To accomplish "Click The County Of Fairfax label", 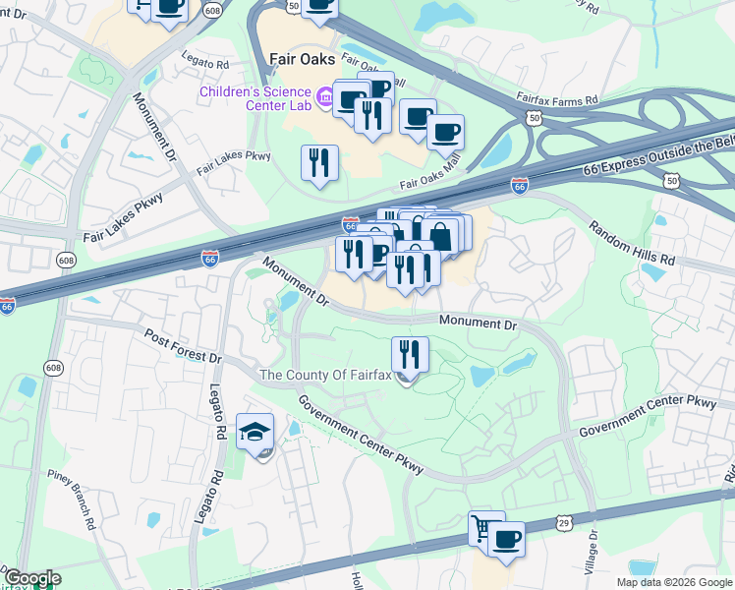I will [326, 375].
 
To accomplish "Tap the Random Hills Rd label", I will [632, 242].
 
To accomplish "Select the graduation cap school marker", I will [255, 433].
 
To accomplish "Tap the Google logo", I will [31, 579].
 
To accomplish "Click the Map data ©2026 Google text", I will [675, 582].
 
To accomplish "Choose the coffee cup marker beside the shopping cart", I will [506, 539].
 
